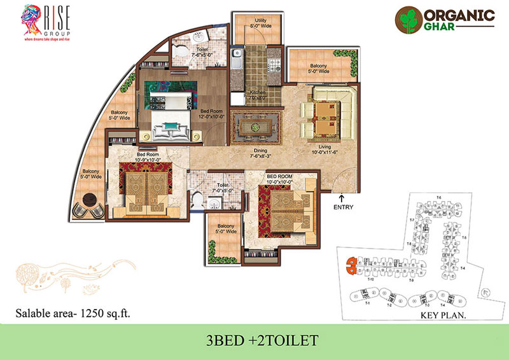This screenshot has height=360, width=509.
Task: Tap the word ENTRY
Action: pos(343,207)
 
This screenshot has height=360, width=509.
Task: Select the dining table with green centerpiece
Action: pos(254,127)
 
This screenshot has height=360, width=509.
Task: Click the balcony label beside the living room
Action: pos(319,68)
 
